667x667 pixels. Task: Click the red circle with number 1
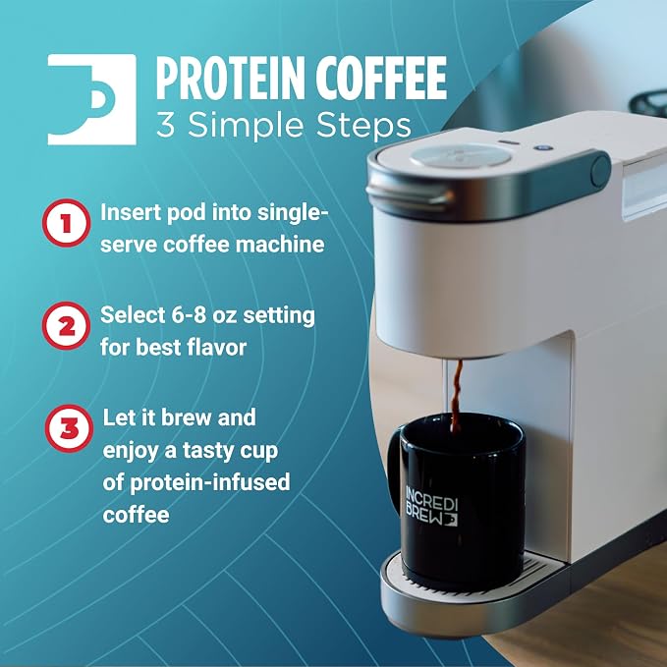click(67, 223)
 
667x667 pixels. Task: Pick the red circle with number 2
click(67, 326)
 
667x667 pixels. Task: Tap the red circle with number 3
click(70, 428)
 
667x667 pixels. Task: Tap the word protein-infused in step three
click(209, 482)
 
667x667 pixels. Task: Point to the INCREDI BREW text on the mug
click(431, 506)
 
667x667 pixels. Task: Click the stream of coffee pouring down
click(457, 396)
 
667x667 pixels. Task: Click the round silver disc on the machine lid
click(461, 155)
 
